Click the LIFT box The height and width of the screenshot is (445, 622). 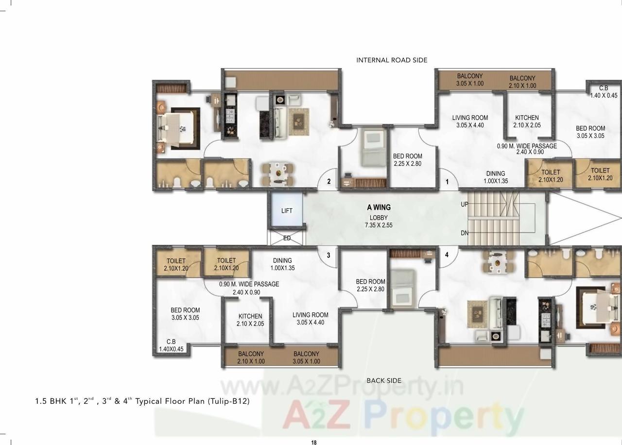[x=287, y=210]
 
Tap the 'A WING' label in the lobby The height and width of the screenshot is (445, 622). [x=379, y=207]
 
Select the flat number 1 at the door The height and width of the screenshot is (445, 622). [x=448, y=183]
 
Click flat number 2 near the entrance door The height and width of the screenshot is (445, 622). [x=329, y=182]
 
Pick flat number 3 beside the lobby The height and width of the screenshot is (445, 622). [x=328, y=255]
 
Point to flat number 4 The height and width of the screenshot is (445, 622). [x=447, y=255]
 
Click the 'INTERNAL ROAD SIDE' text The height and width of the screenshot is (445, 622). [x=392, y=60]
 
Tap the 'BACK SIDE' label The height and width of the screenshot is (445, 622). [x=384, y=380]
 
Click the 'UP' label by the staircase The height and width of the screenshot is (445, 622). [x=465, y=205]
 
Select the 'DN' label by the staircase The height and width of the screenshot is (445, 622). [x=465, y=233]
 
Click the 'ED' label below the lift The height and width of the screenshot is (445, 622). [x=287, y=238]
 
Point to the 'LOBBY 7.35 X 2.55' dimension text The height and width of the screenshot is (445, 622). [x=379, y=222]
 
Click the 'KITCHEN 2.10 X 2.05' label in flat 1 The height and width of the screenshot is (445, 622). [x=527, y=121]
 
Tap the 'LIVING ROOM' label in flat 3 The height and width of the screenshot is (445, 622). [x=310, y=318]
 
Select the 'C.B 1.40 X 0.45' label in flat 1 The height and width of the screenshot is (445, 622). [x=603, y=92]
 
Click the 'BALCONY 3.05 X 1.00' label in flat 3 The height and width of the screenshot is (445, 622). [x=306, y=358]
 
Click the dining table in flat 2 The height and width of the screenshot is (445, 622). [x=278, y=173]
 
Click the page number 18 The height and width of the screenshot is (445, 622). [x=314, y=442]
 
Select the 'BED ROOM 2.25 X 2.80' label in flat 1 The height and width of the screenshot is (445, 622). [x=407, y=160]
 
